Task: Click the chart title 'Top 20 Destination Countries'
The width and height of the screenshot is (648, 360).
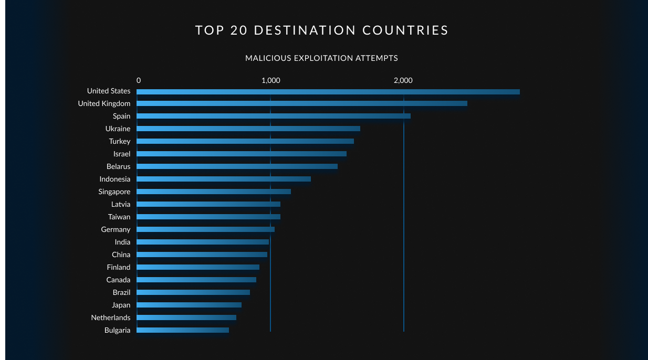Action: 322,30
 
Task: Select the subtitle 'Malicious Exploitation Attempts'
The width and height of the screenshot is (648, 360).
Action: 321,58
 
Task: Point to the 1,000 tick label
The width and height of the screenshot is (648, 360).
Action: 270,80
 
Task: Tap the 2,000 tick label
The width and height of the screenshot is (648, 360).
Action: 403,80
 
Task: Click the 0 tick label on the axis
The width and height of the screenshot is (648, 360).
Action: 139,80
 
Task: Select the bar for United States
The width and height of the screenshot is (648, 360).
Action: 328,91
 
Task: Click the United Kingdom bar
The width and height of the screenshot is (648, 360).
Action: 301,103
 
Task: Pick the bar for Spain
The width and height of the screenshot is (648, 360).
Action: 273,116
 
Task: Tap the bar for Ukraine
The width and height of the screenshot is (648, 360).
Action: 248,129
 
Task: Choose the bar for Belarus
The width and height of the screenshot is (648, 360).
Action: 237,166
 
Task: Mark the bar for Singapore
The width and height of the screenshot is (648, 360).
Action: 213,192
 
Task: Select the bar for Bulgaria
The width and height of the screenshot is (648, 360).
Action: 182,330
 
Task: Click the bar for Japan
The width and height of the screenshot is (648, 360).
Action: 189,305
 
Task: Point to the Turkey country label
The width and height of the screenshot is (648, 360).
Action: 120,141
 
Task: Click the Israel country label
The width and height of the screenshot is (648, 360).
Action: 122,154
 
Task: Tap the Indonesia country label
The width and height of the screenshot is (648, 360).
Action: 114,179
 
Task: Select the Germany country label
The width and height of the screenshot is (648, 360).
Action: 116,229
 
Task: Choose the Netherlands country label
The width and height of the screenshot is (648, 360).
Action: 110,317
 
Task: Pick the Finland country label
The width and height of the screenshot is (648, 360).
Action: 118,267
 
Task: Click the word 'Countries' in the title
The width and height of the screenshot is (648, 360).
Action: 405,30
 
